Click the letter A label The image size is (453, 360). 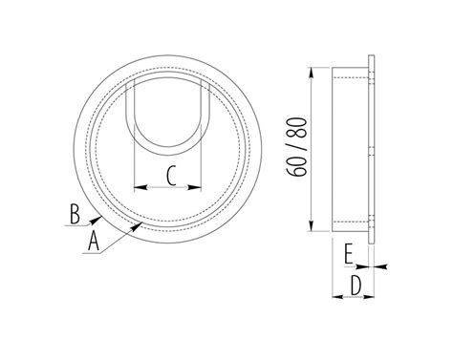click(x=94, y=242)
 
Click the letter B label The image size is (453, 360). click(x=75, y=215)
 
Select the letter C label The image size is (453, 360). click(x=171, y=177)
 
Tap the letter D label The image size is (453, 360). click(x=356, y=286)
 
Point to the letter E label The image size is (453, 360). click(x=349, y=254)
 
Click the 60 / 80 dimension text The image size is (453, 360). click(x=296, y=147)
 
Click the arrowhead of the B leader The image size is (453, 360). click(x=97, y=219)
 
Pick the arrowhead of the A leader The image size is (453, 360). click(x=137, y=226)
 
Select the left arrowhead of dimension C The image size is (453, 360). click(x=140, y=187)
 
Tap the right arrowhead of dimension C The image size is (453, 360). click(x=195, y=187)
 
